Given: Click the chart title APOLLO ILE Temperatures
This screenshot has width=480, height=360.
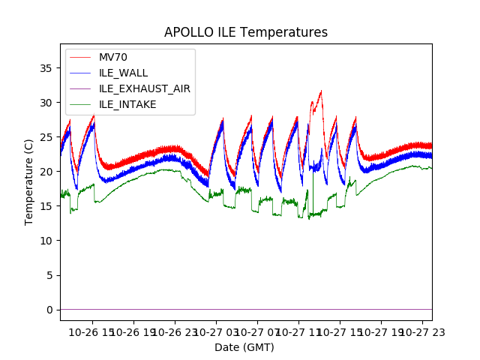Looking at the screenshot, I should point(246,33).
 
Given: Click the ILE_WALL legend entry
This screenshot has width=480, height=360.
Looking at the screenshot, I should point(123,73).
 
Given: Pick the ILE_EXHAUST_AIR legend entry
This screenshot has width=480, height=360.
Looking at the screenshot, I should point(144,88).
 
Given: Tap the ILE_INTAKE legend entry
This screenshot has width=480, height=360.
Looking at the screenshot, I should point(127,104).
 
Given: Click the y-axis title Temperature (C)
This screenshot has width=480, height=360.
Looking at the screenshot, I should point(29,182).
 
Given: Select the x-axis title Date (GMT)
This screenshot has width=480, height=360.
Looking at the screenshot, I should point(244,347).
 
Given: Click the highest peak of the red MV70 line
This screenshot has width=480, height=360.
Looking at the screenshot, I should point(321,91).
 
